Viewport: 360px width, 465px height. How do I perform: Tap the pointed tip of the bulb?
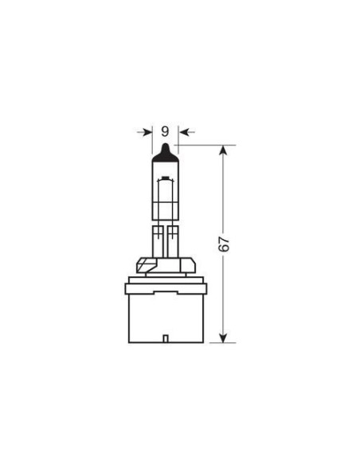[164, 147]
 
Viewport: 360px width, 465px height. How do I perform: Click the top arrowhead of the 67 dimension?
[226, 151]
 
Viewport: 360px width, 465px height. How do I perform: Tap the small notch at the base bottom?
[165, 341]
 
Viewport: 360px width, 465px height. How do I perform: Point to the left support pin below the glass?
[156, 238]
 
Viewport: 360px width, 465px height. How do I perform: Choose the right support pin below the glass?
[173, 238]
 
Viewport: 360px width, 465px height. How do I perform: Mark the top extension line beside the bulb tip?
[203, 146]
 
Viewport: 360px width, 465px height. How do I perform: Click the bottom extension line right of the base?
[215, 343]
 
